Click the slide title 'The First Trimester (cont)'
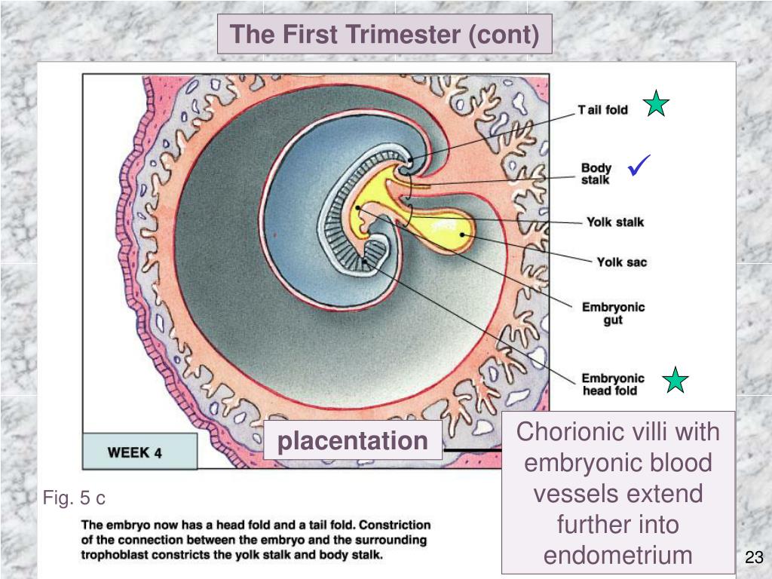coord(384,35)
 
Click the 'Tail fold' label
coord(603,110)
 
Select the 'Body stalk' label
coord(596,173)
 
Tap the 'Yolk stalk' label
coord(615,222)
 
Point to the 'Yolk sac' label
coord(622,262)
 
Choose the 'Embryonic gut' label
coord(613,314)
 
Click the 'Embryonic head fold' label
coord(613,384)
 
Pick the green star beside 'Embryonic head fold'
coord(676,380)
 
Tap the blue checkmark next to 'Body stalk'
coord(642,164)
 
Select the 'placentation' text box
coord(353,440)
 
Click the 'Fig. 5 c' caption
coord(74,498)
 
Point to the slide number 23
coord(754,558)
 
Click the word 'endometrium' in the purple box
coord(618,555)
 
